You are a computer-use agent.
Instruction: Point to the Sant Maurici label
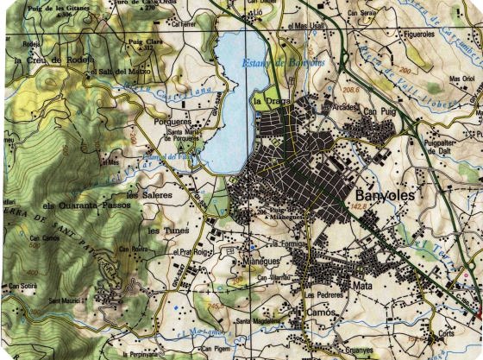(67, 300)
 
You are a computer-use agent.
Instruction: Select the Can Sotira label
(22, 285)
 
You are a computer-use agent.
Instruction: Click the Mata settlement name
(362, 284)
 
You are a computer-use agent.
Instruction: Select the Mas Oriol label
(461, 79)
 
